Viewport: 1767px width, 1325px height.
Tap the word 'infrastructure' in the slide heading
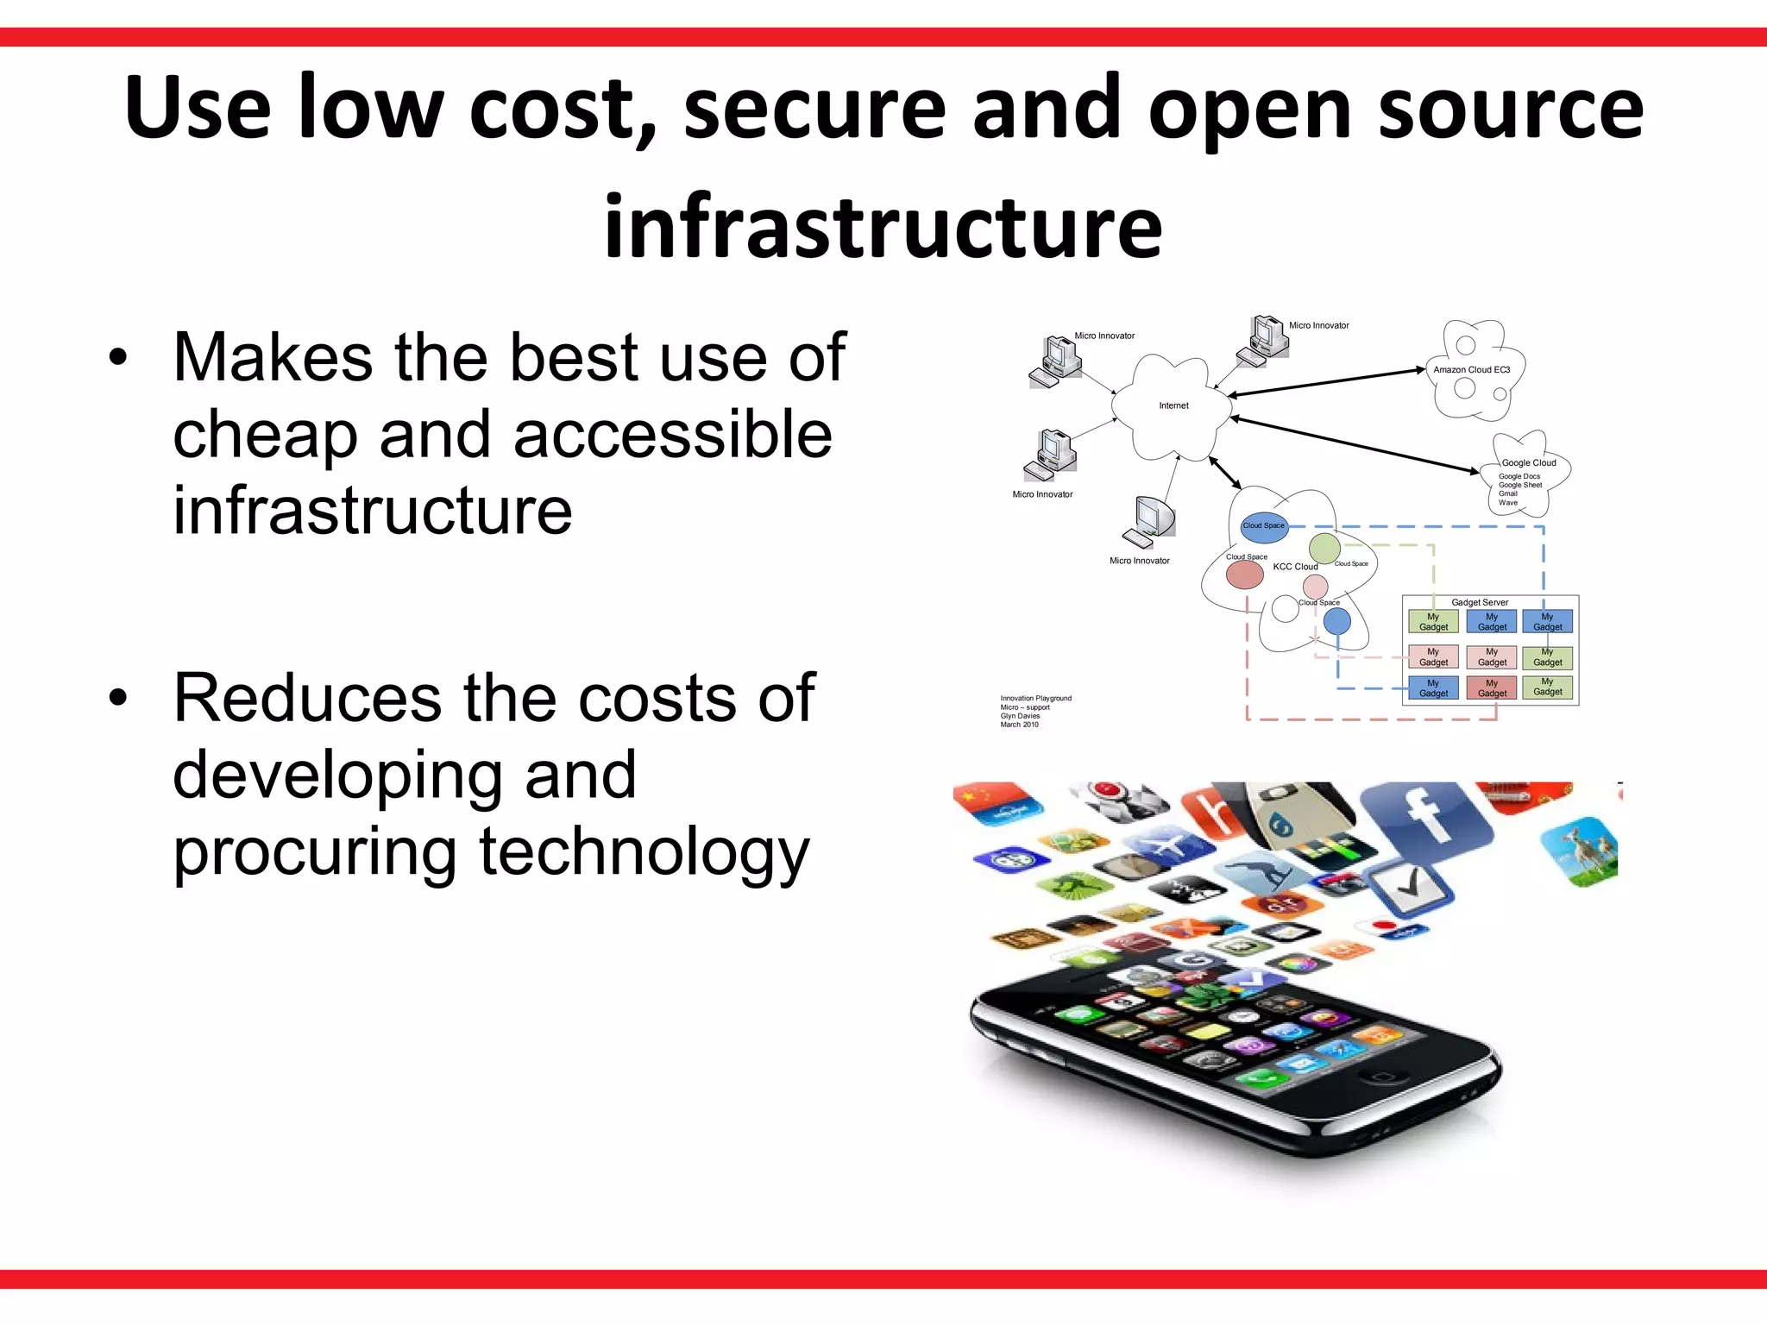point(883,226)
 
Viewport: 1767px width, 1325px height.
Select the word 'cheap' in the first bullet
point(265,434)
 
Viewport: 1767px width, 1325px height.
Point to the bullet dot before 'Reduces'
point(118,697)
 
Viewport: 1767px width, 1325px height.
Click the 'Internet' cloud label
point(1173,405)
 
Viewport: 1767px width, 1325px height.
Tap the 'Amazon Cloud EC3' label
point(1471,370)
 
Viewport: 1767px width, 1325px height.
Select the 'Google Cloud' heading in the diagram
point(1529,463)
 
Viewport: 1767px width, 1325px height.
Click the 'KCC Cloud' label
point(1295,567)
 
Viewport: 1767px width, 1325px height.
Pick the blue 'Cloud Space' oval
point(1264,525)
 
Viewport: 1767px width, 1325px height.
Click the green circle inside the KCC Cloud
point(1324,548)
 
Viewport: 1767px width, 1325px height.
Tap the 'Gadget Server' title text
point(1480,602)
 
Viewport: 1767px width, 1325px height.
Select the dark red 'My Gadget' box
point(1492,688)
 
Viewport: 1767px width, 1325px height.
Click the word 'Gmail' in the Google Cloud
point(1508,493)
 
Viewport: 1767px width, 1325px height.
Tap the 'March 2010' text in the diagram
point(1019,725)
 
